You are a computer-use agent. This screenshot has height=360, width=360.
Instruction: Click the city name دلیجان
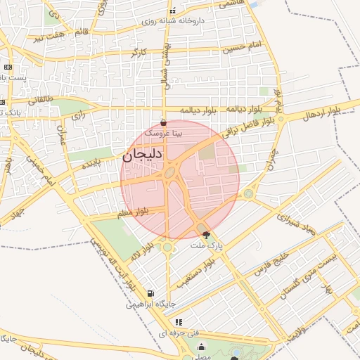click(x=143, y=156)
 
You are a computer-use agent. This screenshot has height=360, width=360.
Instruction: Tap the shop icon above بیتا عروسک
click(x=164, y=122)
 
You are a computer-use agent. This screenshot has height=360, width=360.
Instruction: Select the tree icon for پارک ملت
click(x=205, y=235)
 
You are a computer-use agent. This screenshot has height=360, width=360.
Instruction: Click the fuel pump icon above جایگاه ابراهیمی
click(x=150, y=294)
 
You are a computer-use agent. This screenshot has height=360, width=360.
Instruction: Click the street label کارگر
click(x=139, y=53)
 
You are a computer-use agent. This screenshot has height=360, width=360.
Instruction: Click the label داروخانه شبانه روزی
click(x=173, y=21)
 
